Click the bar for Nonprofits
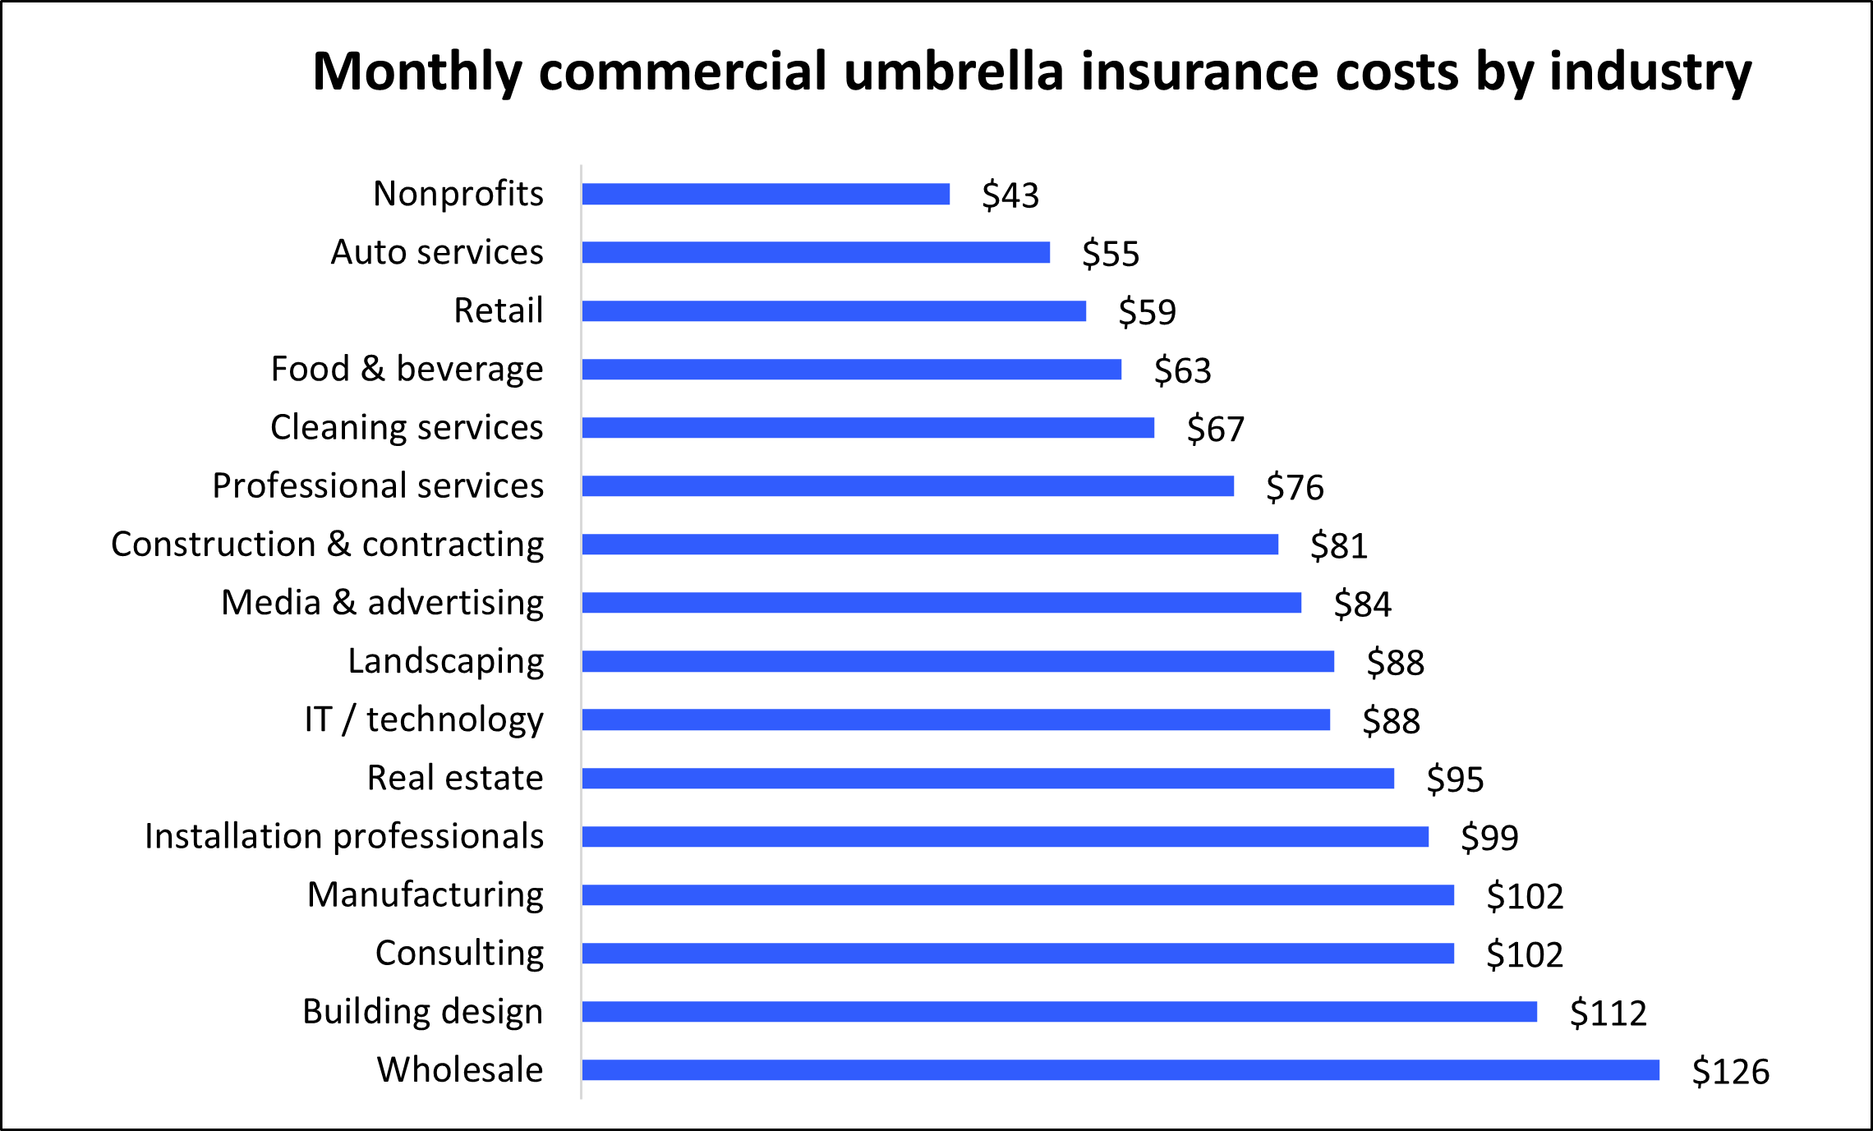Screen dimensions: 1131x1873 tap(766, 194)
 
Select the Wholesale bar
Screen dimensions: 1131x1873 tap(1121, 1070)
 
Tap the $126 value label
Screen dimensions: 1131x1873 tap(1730, 1072)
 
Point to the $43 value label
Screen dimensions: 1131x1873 tap(1010, 195)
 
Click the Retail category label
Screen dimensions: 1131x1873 tap(499, 310)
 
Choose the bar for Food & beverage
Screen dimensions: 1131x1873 tap(852, 370)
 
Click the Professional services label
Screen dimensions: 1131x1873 tap(378, 486)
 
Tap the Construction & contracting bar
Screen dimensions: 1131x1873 tap(930, 545)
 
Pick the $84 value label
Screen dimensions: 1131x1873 tap(1362, 605)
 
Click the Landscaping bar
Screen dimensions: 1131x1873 tap(958, 661)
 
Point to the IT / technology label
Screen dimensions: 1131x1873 tap(424, 720)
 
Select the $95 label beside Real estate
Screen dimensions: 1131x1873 tap(1455, 779)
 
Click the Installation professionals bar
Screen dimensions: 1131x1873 tap(1006, 837)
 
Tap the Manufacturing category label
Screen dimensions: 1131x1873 tap(426, 894)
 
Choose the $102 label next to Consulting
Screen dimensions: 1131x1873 tap(1525, 954)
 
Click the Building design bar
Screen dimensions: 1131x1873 tap(1060, 1012)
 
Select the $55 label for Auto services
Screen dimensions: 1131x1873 tap(1111, 254)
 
